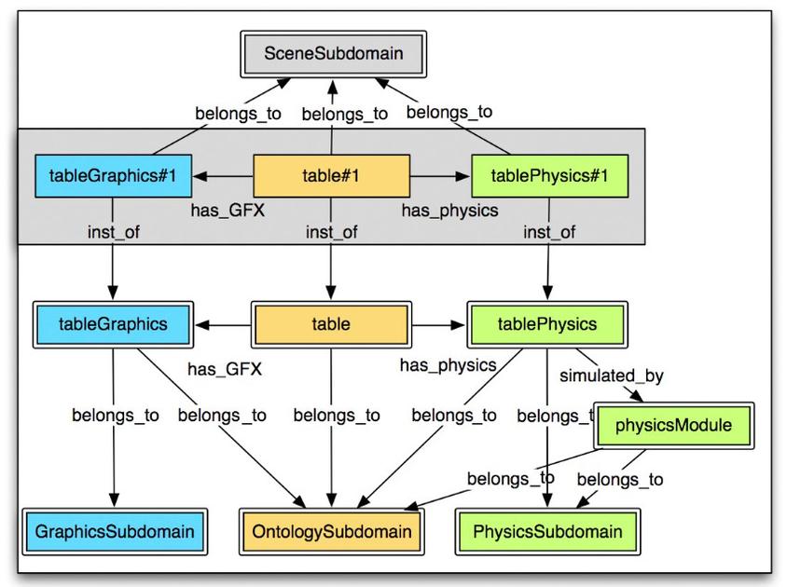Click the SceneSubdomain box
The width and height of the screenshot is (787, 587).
click(333, 53)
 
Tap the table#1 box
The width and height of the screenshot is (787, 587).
click(332, 174)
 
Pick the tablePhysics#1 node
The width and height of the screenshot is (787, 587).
click(548, 174)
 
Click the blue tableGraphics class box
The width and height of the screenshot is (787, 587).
click(113, 324)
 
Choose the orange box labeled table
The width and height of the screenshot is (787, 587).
click(331, 324)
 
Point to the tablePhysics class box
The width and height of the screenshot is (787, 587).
click(547, 324)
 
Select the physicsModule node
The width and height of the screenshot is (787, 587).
click(673, 426)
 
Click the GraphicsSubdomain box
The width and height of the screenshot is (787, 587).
click(115, 532)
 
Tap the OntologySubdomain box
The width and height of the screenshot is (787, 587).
click(331, 532)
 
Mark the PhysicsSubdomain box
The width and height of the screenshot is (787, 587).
click(547, 532)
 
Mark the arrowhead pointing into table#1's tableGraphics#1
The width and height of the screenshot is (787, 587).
click(198, 174)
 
